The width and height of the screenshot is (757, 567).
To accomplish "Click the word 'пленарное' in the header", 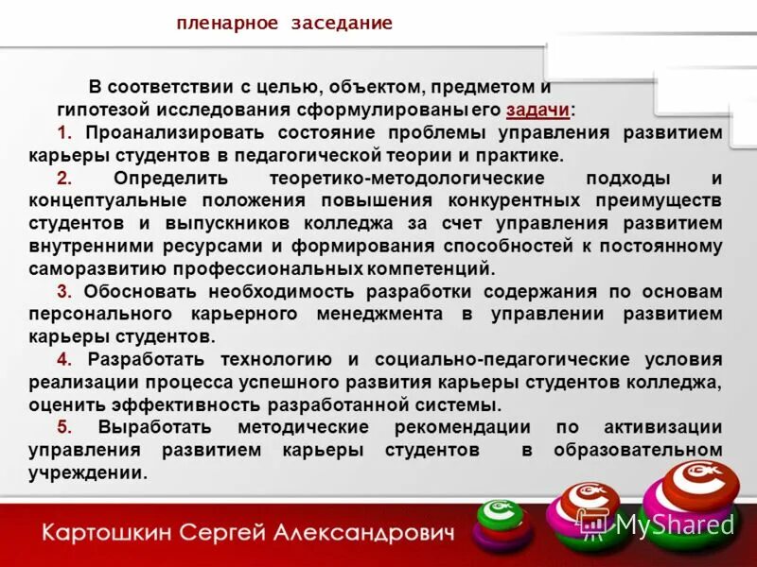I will (x=222, y=24).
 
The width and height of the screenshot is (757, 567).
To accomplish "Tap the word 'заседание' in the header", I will (x=335, y=24).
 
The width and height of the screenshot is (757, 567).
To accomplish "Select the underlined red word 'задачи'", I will (x=537, y=110).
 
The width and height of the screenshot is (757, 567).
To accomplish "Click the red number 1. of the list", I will (x=63, y=132).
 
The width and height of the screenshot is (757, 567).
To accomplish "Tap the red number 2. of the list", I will (x=63, y=178).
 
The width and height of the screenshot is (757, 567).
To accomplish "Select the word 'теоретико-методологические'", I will (x=407, y=178).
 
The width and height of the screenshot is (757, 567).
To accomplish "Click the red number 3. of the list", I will (x=63, y=291).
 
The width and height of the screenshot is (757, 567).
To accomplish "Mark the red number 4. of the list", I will (x=63, y=359).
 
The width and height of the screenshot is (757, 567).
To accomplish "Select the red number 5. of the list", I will (x=63, y=427).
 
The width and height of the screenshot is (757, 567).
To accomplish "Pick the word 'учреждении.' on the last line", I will (x=88, y=472).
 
